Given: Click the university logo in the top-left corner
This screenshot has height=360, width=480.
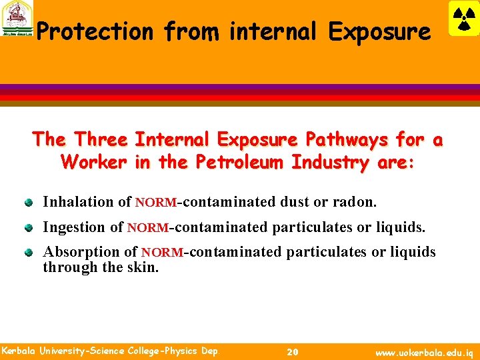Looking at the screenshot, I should (x=17, y=19).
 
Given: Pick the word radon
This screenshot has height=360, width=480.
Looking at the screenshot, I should (x=357, y=201).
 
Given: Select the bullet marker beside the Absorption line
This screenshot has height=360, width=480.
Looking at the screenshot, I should (x=29, y=253).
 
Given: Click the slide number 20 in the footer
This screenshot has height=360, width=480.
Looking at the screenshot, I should (x=292, y=352).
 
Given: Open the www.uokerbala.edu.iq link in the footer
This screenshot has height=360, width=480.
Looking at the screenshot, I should (x=425, y=352).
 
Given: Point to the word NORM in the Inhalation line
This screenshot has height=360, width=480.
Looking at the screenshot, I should (x=155, y=202).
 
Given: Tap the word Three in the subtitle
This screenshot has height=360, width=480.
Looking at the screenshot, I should (x=101, y=140).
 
